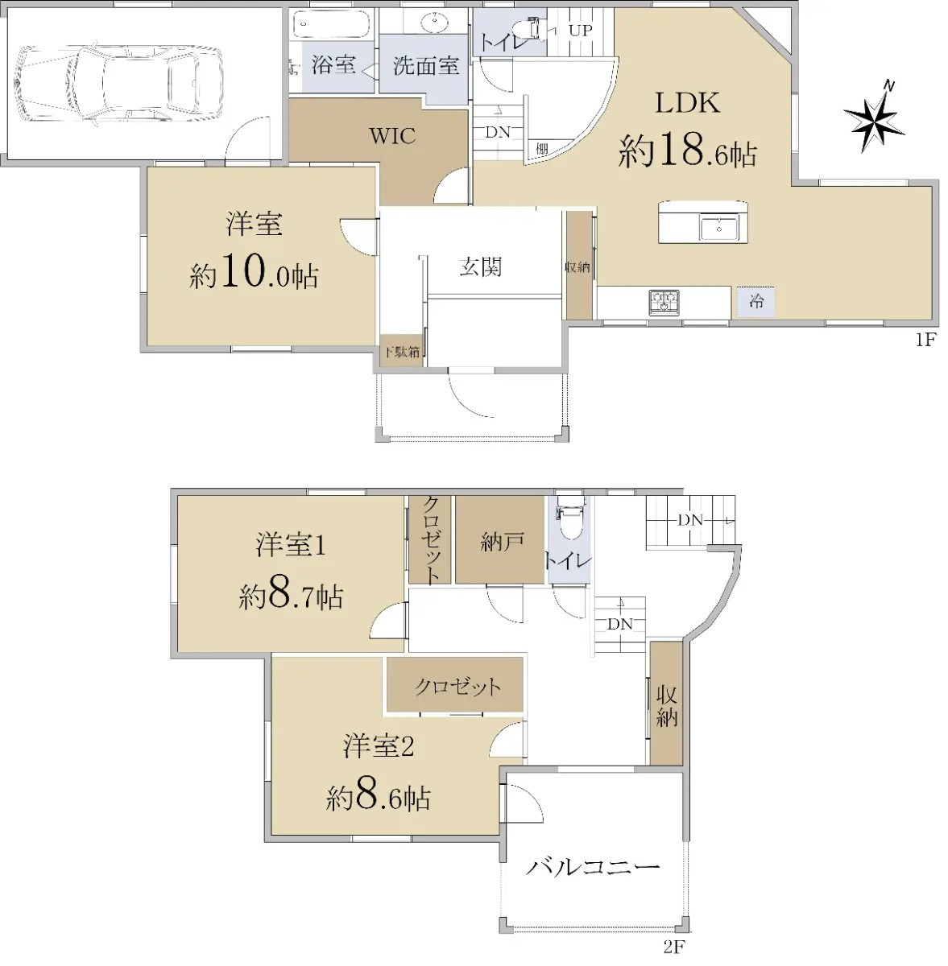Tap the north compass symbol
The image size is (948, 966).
pyautogui.click(x=873, y=118)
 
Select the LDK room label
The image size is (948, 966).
pyautogui.click(x=688, y=102)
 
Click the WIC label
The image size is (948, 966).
pyautogui.click(x=392, y=136)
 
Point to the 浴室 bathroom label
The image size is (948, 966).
pyautogui.click(x=333, y=64)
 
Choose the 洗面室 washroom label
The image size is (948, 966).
pyautogui.click(x=426, y=65)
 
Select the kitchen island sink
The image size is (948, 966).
pyautogui.click(x=719, y=229)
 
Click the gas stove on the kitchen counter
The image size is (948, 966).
pyautogui.click(x=664, y=303)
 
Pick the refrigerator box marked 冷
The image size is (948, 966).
pyautogui.click(x=756, y=302)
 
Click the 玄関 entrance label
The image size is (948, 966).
pyautogui.click(x=480, y=267)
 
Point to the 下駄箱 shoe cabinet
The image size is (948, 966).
pyautogui.click(x=402, y=352)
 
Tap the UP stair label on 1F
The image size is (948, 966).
pyautogui.click(x=581, y=30)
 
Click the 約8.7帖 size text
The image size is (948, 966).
pyautogui.click(x=291, y=596)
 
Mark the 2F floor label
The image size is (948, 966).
pyautogui.click(x=674, y=947)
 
